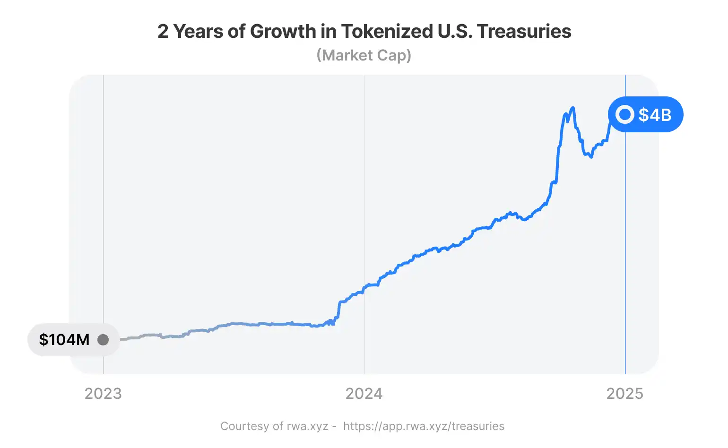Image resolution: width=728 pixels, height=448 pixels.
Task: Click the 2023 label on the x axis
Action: [x=103, y=394]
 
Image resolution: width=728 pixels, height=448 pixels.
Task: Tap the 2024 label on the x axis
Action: [x=364, y=394]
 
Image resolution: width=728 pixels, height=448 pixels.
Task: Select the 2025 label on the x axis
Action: [x=625, y=394]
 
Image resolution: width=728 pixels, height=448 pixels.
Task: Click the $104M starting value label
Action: [x=64, y=339]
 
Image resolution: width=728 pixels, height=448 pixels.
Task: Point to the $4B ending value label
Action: [x=655, y=115]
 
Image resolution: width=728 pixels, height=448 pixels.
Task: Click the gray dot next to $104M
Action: [x=103, y=339]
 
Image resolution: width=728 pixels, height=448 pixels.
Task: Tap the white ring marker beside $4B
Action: [x=625, y=114]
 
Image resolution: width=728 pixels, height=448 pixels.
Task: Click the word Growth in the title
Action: [x=283, y=31]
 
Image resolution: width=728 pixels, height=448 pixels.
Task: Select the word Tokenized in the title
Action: [x=387, y=31]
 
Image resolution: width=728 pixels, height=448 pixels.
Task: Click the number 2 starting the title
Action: [x=163, y=31]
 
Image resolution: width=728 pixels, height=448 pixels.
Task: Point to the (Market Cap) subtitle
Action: [x=364, y=55]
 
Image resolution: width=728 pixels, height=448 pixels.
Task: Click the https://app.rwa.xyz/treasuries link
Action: [x=424, y=426]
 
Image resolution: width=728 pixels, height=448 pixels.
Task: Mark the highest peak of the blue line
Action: [x=573, y=108]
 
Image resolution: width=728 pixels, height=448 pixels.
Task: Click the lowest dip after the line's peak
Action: [x=591, y=157]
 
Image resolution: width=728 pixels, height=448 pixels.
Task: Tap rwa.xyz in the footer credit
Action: [x=307, y=426]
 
